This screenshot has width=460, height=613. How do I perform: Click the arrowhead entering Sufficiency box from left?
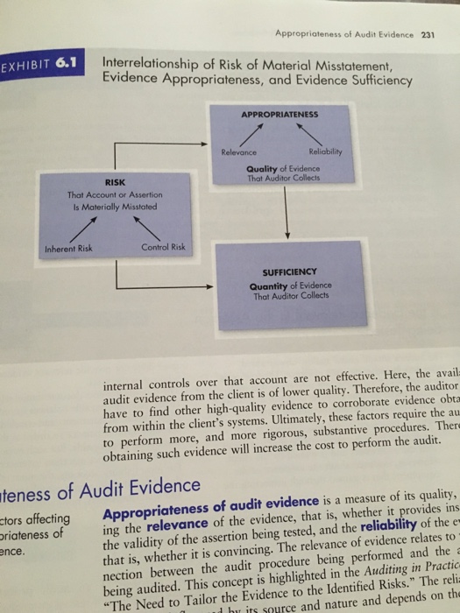pos(209,285)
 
